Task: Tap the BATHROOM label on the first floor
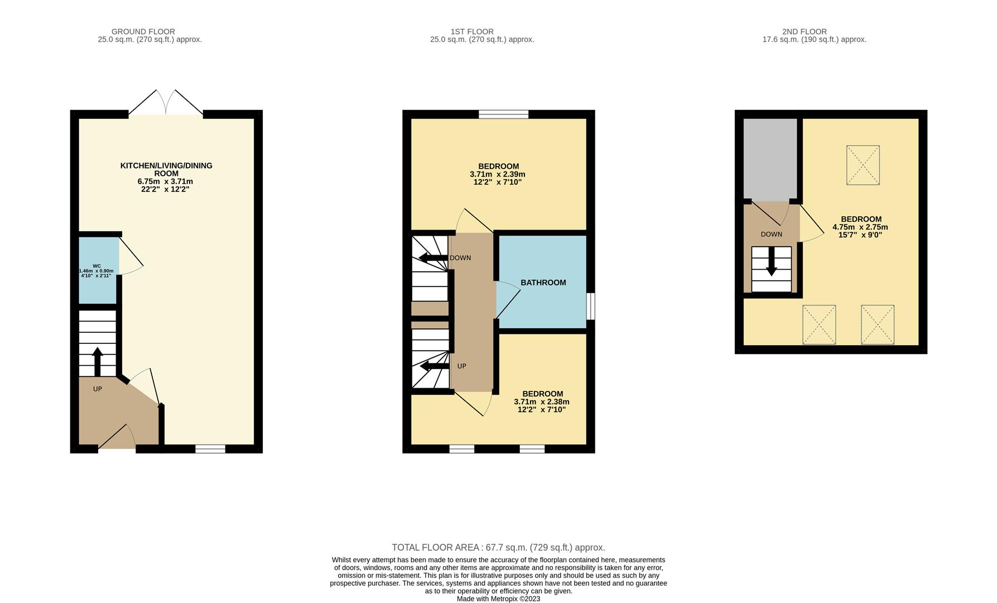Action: point(543,283)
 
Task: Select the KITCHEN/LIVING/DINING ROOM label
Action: point(166,169)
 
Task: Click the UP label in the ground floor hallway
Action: point(98,389)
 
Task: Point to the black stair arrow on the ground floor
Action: point(98,361)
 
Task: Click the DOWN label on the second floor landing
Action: point(772,234)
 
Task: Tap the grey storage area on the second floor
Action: point(770,159)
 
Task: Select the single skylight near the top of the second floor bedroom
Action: point(863,165)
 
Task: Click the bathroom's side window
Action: point(590,307)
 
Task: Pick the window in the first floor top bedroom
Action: point(503,114)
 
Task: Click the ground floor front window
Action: point(210,449)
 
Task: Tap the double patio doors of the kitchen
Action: point(166,103)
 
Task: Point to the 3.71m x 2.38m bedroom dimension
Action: point(542,402)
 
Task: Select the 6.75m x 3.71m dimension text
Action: point(165,181)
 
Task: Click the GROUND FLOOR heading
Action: point(143,32)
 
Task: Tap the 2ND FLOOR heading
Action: point(805,32)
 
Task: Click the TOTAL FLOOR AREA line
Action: point(498,548)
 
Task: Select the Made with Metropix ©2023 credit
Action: point(498,599)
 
